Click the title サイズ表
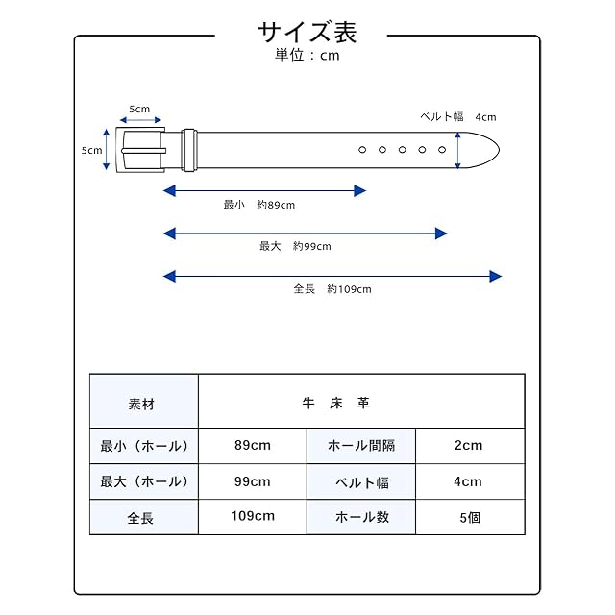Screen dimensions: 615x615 [307, 32]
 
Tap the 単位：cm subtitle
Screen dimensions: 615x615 [307, 55]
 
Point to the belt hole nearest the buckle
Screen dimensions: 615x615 [362, 150]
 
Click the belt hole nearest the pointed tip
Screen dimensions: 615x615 [442, 150]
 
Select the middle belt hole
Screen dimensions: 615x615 [402, 150]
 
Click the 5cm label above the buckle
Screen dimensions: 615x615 [139, 109]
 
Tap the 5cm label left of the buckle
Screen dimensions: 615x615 [91, 150]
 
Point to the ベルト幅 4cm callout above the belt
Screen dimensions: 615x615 [457, 117]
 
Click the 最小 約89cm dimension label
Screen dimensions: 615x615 [258, 205]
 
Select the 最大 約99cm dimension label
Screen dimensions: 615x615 [295, 246]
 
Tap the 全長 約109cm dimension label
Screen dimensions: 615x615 [332, 289]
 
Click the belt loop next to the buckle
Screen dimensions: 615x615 [189, 150]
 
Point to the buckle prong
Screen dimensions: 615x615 [143, 151]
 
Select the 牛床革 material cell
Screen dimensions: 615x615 [361, 401]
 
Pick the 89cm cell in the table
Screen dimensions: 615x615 [253, 446]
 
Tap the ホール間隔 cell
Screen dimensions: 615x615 [361, 446]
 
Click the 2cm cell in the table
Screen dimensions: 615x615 [470, 446]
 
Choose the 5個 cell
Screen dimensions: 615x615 [470, 517]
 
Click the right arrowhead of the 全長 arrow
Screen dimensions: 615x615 [496, 276]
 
